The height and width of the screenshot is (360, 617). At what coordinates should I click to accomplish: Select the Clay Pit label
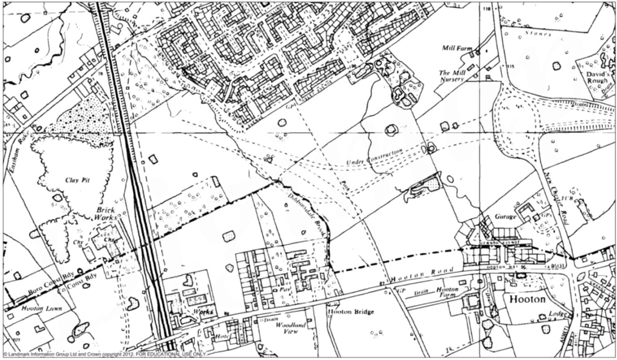tap(81, 180)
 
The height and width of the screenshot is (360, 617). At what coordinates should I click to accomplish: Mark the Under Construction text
tap(375, 160)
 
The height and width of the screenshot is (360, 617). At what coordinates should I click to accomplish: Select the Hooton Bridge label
tap(351, 312)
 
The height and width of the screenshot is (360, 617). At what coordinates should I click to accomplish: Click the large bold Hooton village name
tap(528, 300)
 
